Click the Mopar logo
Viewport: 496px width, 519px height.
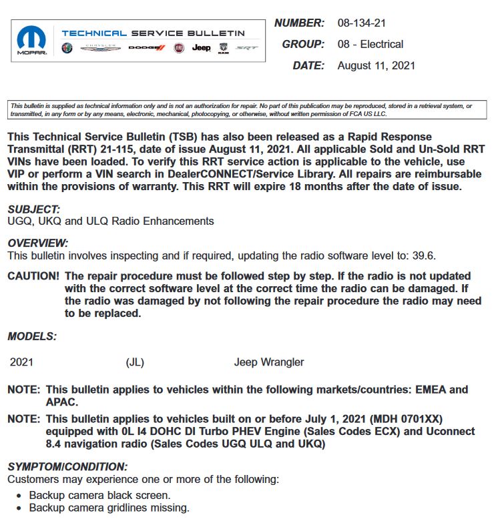click(31, 40)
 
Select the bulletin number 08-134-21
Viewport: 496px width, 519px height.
click(362, 23)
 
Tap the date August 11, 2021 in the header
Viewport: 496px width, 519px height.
click(377, 65)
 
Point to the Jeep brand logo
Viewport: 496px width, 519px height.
click(201, 48)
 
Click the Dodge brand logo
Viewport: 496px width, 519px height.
click(146, 48)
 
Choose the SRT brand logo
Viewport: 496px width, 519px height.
click(246, 48)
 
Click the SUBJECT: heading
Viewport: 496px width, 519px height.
click(33, 209)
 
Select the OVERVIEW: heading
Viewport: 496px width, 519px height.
click(37, 243)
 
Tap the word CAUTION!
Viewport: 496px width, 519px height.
click(33, 276)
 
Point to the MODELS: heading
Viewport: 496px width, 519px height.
click(32, 336)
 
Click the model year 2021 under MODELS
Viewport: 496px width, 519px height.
click(21, 362)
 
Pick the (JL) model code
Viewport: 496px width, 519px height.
click(135, 362)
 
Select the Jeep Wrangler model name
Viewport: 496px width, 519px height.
click(269, 362)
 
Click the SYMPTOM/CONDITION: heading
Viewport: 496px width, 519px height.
click(67, 467)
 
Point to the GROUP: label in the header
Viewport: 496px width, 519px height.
click(303, 45)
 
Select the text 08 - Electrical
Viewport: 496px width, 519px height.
click(370, 45)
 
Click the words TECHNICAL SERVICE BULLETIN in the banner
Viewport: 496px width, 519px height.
click(153, 33)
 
